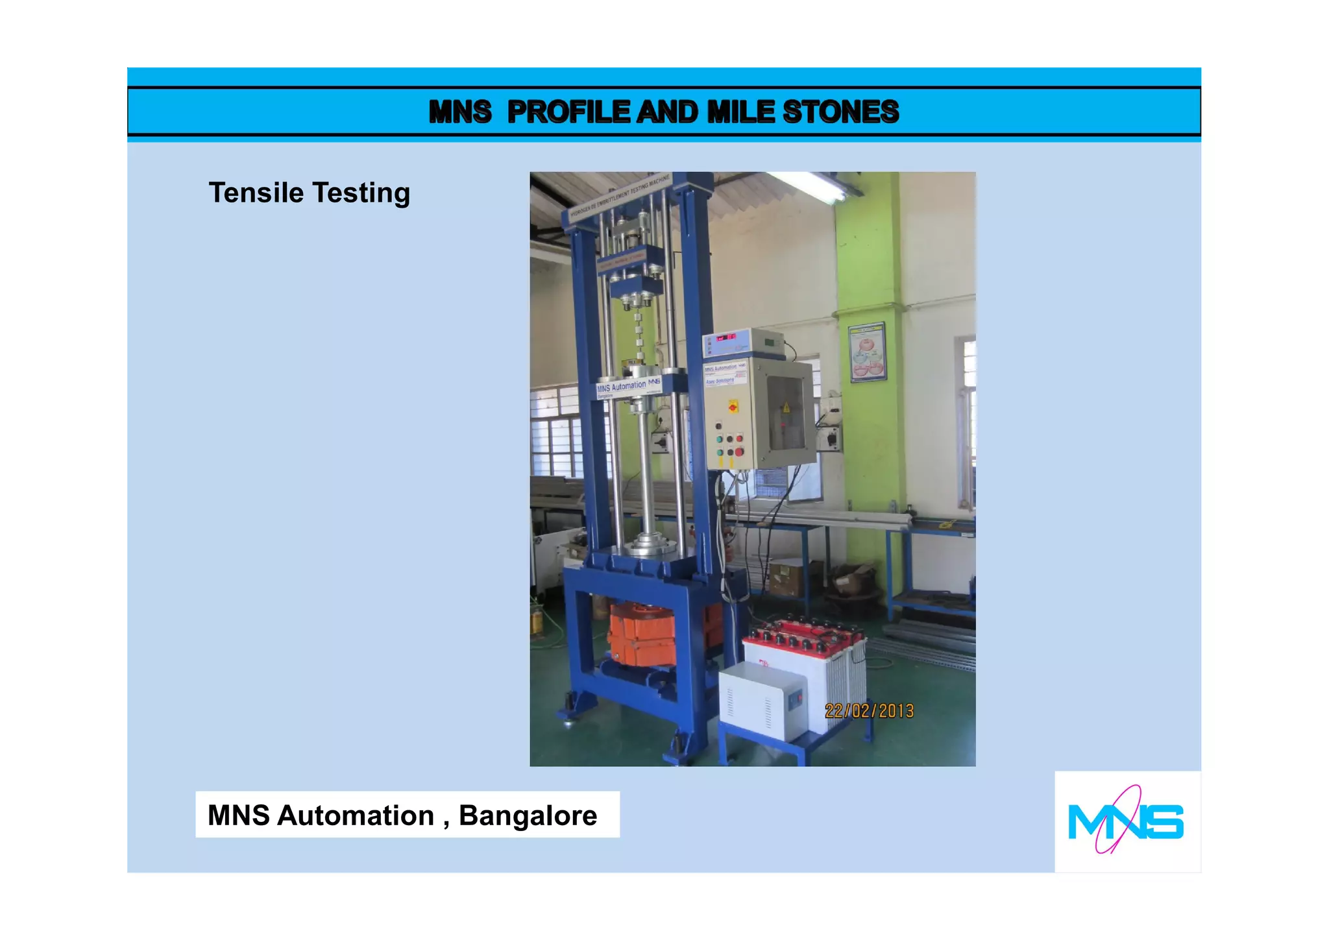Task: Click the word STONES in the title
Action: [840, 112]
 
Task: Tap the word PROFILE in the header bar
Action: [568, 112]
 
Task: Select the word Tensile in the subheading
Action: [256, 193]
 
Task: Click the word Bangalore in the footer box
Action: [528, 815]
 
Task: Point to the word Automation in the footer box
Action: [356, 815]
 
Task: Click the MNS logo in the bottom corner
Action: [1126, 821]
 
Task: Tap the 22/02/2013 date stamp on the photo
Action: [869, 711]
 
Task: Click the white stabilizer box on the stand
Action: [763, 705]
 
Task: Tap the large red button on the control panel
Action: [739, 452]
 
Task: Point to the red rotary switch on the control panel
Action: [733, 407]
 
